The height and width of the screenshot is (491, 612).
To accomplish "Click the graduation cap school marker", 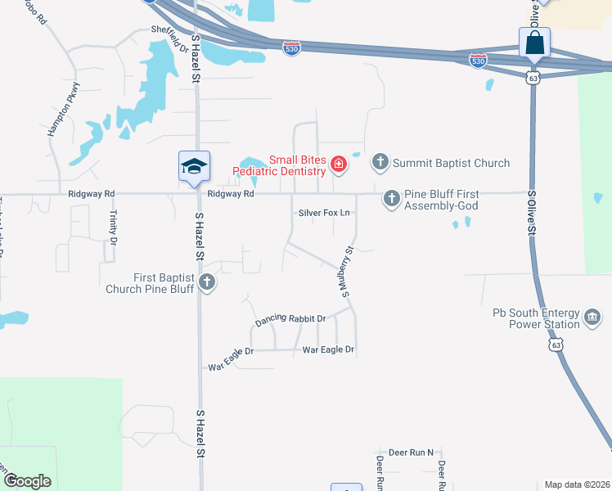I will (x=194, y=166).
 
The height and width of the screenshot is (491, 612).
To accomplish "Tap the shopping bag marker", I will (x=534, y=43).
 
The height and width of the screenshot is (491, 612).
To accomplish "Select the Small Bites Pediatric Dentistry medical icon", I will (x=338, y=166).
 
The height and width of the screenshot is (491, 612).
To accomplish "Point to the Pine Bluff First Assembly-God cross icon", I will (x=392, y=198).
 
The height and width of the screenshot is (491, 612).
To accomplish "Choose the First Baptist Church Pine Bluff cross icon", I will (x=208, y=283).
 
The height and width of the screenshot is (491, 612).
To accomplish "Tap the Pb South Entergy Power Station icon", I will (x=592, y=317).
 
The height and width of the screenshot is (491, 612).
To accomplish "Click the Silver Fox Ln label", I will (x=324, y=213).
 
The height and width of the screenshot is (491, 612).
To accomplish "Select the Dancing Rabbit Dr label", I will (x=290, y=318).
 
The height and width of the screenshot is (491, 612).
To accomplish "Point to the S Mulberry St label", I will (x=346, y=272).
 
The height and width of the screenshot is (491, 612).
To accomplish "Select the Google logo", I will (x=27, y=481).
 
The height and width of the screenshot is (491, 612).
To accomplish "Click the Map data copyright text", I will (x=577, y=484).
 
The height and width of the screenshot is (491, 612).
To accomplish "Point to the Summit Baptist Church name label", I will (x=451, y=164).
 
